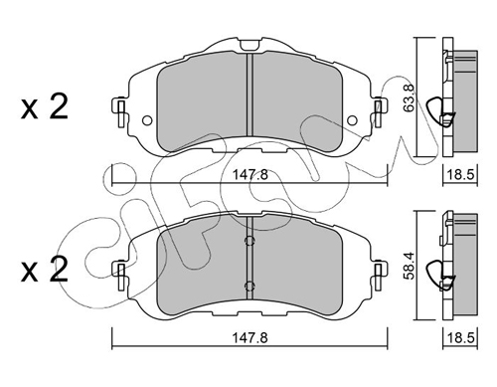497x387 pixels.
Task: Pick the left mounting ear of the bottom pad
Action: pyautogui.click(x=120, y=270)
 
